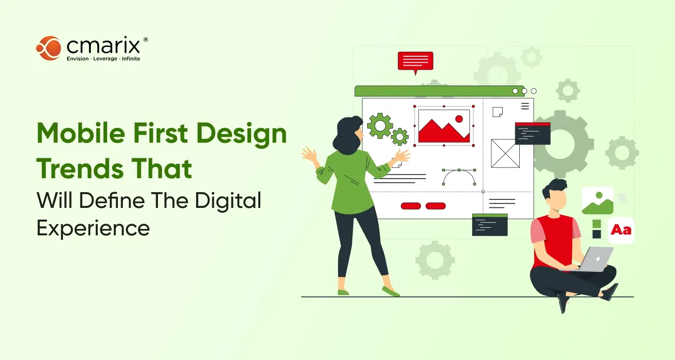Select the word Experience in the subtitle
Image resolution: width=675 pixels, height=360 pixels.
coord(93,228)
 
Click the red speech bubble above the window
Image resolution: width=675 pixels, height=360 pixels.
coord(415,61)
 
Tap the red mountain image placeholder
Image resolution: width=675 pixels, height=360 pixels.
coord(444,126)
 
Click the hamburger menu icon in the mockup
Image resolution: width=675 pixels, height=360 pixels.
coord(525,106)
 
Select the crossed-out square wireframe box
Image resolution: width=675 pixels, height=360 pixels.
coord(505,153)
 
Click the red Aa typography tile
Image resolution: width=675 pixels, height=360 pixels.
coord(621,230)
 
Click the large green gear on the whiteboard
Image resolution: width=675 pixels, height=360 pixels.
coord(380,126)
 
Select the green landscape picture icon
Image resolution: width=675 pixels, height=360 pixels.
coord(598,200)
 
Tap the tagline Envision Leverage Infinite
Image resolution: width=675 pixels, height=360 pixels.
coord(103,59)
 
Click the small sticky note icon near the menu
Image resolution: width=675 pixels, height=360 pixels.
coord(497,112)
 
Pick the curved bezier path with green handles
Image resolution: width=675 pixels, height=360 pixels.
coord(459,177)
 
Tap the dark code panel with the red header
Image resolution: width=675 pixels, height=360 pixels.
coord(533,133)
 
